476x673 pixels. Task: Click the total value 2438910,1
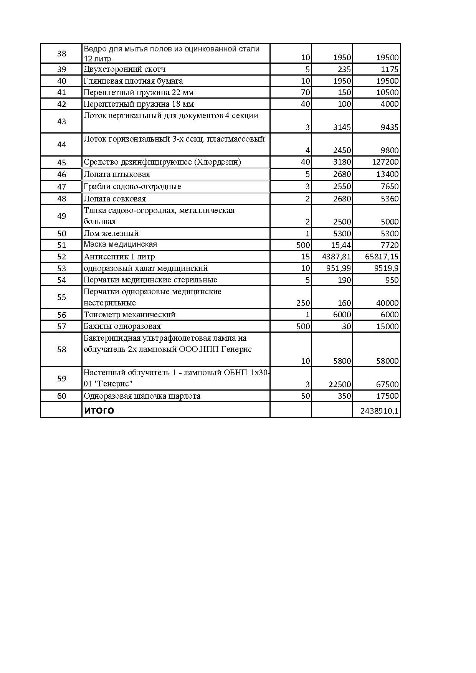tap(380, 411)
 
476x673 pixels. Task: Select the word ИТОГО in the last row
tap(99, 411)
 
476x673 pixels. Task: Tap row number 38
tap(61, 53)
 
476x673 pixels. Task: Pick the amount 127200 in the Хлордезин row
tap(385, 162)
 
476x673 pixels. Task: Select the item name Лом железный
tap(111, 233)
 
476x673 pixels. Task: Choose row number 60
tap(61, 396)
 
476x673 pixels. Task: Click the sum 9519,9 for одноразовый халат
tap(386, 268)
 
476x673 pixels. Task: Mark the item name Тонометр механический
tap(130, 315)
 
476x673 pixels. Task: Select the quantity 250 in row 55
tap(303, 303)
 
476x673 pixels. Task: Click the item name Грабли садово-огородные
tap(132, 186)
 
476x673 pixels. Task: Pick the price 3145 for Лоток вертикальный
tap(342, 127)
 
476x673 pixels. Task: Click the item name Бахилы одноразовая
tap(122, 326)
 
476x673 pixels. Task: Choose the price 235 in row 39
tap(345, 69)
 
